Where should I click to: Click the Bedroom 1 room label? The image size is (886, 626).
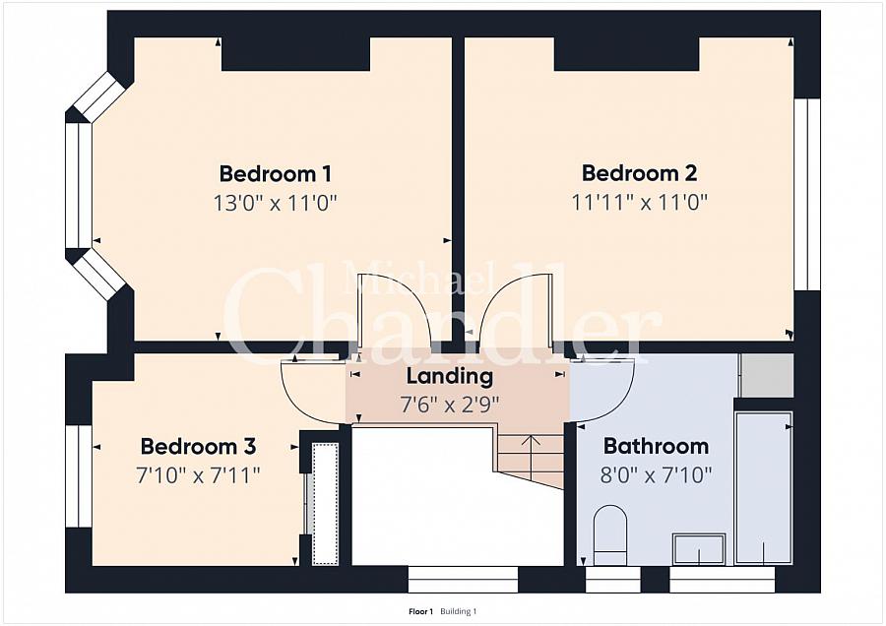(276, 173)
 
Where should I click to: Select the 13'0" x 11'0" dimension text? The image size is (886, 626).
(276, 202)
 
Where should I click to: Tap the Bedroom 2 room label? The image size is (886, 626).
(640, 173)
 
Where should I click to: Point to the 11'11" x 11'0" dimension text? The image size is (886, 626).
(640, 202)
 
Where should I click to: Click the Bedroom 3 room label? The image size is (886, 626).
(198, 446)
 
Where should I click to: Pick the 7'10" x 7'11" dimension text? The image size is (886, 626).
(198, 475)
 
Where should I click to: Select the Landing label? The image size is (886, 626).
(450, 376)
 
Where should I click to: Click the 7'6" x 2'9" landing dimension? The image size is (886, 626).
(450, 405)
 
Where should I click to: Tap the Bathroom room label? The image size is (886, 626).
(656, 446)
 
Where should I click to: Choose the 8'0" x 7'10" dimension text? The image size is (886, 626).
(656, 475)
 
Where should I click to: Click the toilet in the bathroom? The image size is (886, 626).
(610, 534)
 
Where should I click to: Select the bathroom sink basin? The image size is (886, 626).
(699, 549)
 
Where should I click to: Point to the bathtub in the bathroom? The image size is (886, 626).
(763, 487)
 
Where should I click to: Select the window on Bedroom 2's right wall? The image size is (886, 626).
(807, 194)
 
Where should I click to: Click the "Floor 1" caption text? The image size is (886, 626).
(420, 611)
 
